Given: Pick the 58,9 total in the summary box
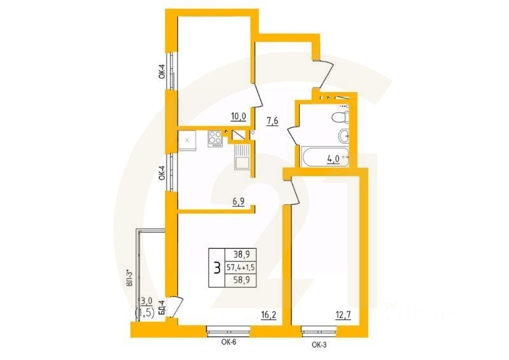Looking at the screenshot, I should [x=241, y=280].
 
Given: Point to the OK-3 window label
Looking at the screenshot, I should [x=320, y=345].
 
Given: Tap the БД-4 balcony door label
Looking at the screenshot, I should [x=162, y=308].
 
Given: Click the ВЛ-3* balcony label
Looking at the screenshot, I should [x=129, y=280].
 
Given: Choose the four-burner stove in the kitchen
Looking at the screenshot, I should [x=215, y=138].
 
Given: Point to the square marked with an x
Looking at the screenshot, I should [x=187, y=139].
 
